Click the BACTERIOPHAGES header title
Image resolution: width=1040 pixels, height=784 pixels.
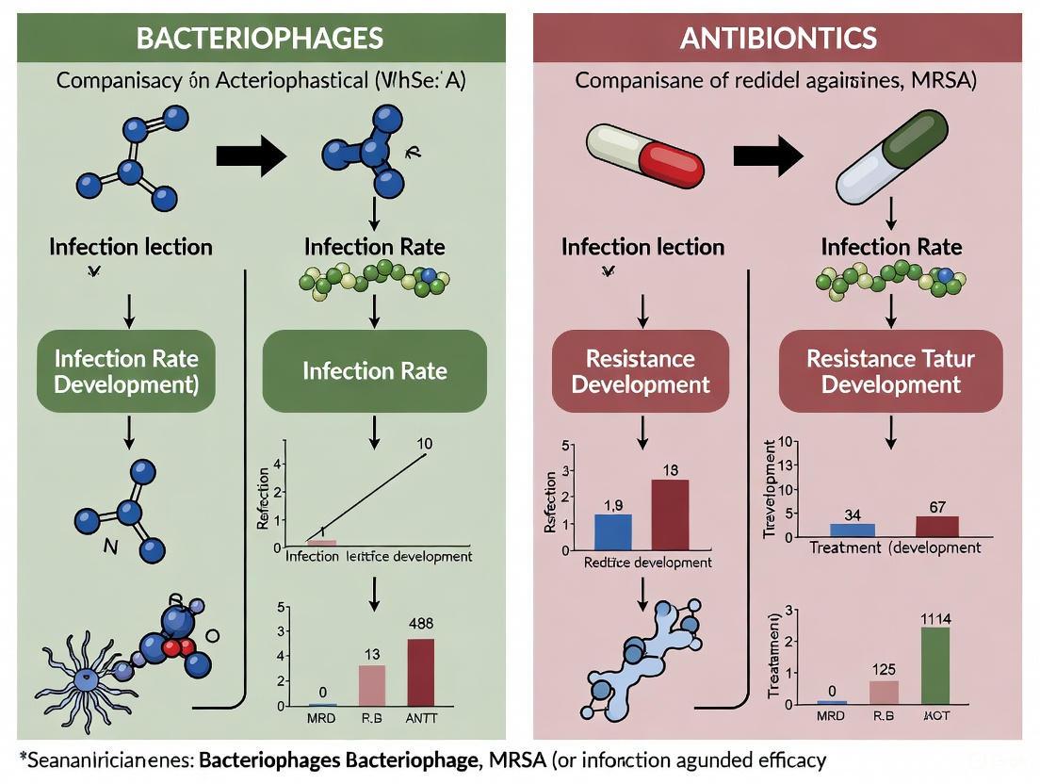260,38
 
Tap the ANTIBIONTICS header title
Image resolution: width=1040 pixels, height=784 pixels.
778,38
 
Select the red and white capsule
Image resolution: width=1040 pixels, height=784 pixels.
644,151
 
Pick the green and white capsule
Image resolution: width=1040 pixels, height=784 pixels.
892,156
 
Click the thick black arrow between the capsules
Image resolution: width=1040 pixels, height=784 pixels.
768,155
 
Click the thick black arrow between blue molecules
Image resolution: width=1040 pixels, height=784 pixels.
251,155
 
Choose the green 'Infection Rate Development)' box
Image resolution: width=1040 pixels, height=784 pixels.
126,371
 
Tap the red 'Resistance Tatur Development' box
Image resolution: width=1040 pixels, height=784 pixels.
890,371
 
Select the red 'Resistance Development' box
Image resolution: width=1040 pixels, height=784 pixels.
641,371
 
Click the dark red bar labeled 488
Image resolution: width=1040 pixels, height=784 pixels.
421,672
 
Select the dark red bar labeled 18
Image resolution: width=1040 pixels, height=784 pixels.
670,514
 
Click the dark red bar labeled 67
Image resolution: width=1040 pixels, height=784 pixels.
936,526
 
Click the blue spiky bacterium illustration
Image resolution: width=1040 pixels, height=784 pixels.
87,677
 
